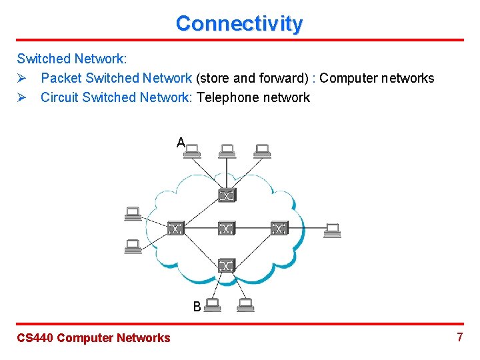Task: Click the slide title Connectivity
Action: [x=239, y=23]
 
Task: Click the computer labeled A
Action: [x=194, y=151]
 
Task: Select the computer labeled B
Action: [x=213, y=305]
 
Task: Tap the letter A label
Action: [x=181, y=142]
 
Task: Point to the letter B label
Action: [x=197, y=307]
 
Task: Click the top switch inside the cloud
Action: [x=227, y=195]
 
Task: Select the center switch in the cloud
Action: [x=227, y=229]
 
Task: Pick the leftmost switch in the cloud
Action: [x=175, y=229]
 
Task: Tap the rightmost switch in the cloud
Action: [x=279, y=229]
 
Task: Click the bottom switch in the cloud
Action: [x=227, y=265]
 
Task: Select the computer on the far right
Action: [x=332, y=231]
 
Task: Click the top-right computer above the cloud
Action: [x=262, y=151]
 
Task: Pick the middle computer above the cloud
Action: [x=227, y=151]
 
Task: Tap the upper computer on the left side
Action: [x=133, y=213]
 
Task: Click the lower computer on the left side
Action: [x=133, y=246]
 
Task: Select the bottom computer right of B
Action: [x=245, y=305]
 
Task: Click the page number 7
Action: [x=459, y=337]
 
